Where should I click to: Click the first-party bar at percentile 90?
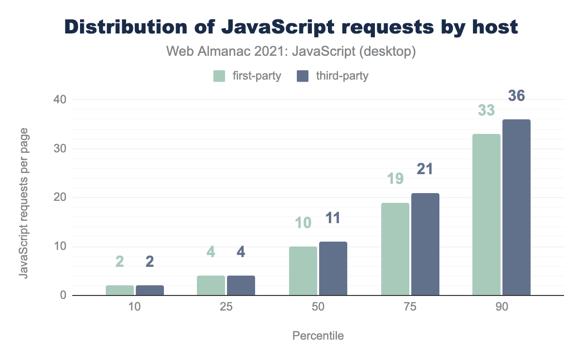coord(486,214)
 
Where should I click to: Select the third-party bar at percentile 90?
coord(516,207)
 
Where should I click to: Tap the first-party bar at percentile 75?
coord(395,249)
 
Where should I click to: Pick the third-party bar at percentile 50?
coord(333,268)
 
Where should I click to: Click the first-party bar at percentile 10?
coord(119,290)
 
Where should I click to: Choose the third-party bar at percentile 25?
coord(241,285)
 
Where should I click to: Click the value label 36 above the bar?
coord(516,96)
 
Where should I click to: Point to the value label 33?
coord(486,111)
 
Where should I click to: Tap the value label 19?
coord(395,180)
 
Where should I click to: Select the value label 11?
coord(333,218)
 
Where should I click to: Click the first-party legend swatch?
coord(219,76)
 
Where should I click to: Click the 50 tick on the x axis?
coord(318,308)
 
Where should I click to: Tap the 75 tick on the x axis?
coord(410,308)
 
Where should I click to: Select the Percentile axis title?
coord(318,336)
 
